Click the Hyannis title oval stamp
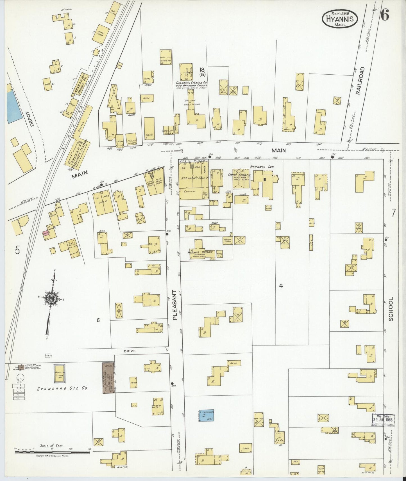click(x=340, y=19)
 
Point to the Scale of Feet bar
click(x=52, y=452)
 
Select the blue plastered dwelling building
click(x=206, y=415)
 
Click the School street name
click(x=391, y=309)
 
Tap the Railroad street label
click(x=361, y=81)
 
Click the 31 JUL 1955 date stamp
click(x=383, y=420)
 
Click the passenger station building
click(x=78, y=152)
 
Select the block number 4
click(x=281, y=286)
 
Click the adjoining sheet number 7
click(x=393, y=213)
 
